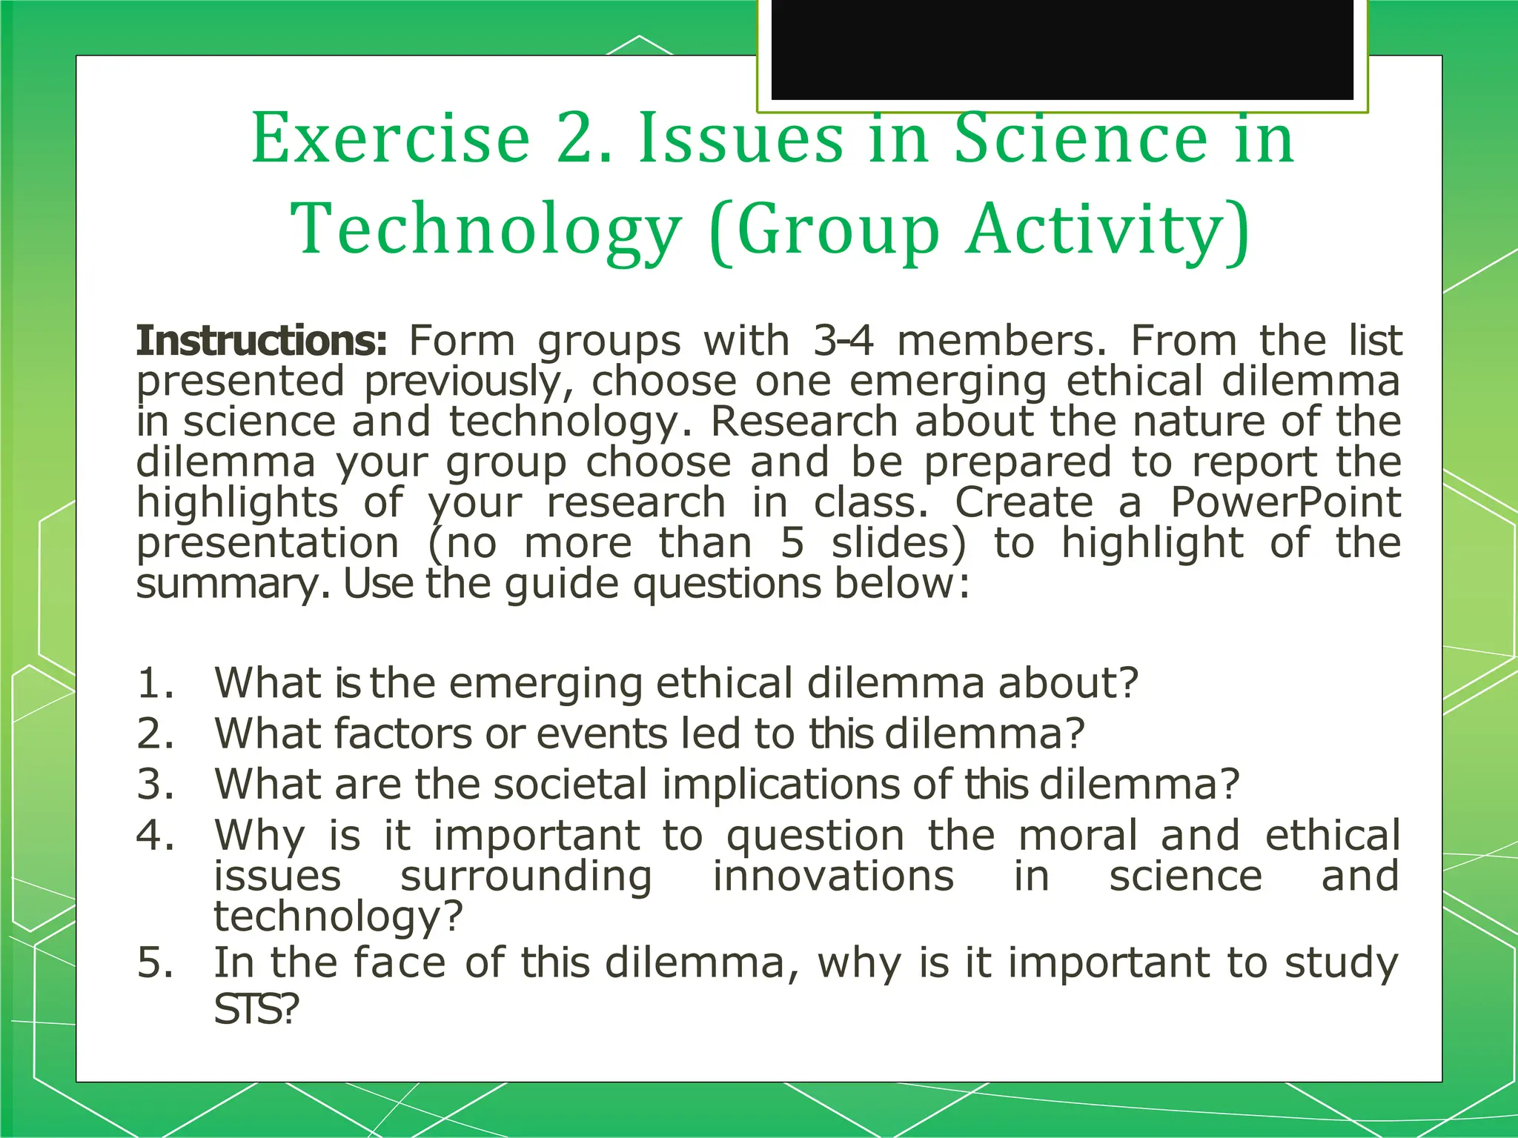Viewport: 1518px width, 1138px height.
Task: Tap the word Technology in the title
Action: [x=485, y=230]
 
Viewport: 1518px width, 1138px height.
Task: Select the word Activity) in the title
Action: [x=1108, y=230]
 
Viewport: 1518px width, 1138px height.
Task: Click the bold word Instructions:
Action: [x=262, y=341]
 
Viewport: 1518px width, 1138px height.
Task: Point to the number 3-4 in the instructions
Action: [x=843, y=341]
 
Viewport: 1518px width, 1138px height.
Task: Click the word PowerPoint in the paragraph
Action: [x=1285, y=502]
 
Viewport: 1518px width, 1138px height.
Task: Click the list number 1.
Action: [x=155, y=682]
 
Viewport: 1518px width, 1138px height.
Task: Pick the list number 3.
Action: [x=155, y=784]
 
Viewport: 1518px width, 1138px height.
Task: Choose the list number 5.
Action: [x=155, y=962]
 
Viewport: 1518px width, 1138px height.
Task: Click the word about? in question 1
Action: [x=1067, y=682]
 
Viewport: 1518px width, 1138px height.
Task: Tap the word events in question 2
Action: [x=601, y=733]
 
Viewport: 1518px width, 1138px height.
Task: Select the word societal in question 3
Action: [x=570, y=784]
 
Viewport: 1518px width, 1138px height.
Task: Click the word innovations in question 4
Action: [x=833, y=876]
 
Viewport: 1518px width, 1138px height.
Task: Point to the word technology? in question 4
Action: [x=338, y=917]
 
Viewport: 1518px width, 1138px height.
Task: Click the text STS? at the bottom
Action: [x=256, y=1009]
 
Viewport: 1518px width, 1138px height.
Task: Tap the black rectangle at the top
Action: [x=1062, y=49]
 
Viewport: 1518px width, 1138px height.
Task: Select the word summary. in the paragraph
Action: [x=233, y=584]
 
